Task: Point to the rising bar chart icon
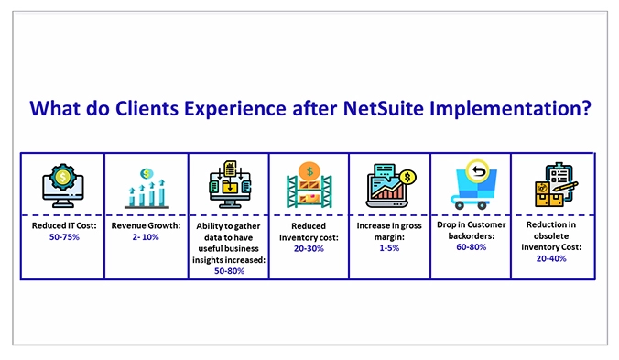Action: click(145, 187)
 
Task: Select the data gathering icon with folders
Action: click(228, 183)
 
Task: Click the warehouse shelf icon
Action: click(309, 185)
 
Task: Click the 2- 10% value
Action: click(146, 235)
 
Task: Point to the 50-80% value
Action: click(228, 270)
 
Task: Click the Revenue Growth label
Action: click(146, 224)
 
